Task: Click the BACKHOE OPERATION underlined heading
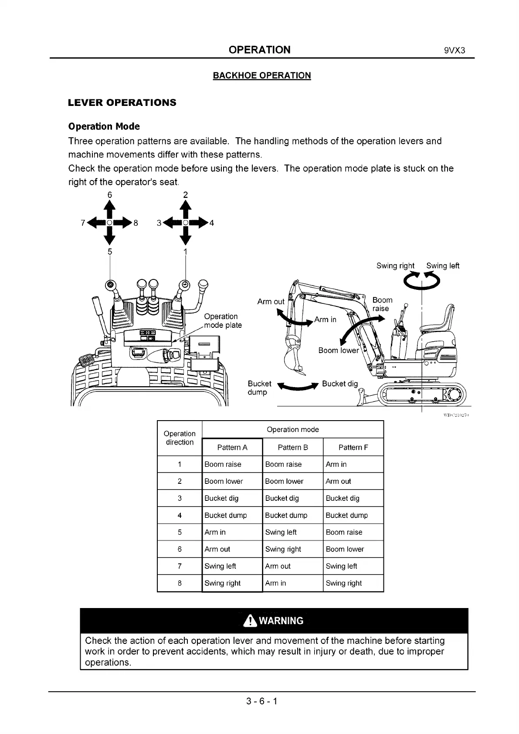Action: coord(261,75)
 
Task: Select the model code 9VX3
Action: coord(455,50)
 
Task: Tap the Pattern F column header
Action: coord(353,447)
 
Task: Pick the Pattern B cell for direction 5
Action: coord(281,532)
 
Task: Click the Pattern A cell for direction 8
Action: coord(222,583)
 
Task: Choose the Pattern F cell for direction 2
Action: coord(338,481)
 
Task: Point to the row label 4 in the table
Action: coord(180,515)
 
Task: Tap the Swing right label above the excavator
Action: coord(395,266)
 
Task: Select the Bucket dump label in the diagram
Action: coord(259,387)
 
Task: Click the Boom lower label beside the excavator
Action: coord(338,350)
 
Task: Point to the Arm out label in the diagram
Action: coord(271,302)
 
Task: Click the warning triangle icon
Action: coord(250,621)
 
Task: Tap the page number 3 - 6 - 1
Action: coord(261,701)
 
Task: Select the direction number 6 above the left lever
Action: coord(110,194)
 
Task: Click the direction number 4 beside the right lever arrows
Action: coord(212,223)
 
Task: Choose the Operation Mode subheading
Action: coord(104,126)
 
